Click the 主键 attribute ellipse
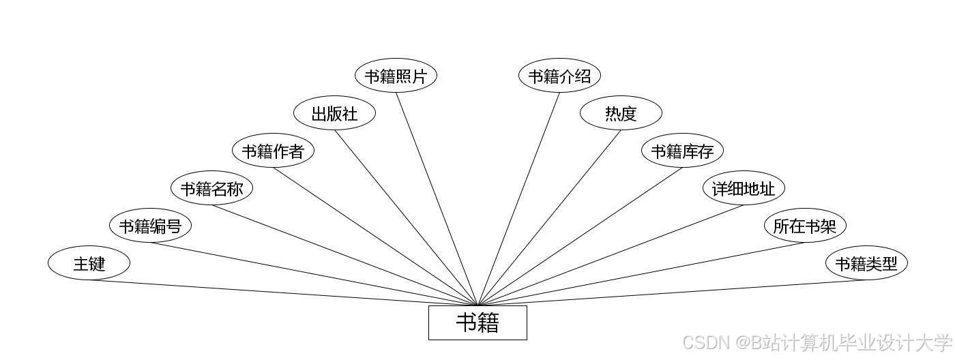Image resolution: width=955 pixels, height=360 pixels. point(89,263)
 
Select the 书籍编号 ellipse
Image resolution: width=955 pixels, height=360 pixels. point(150,226)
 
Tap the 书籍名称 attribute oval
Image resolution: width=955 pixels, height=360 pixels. point(211,188)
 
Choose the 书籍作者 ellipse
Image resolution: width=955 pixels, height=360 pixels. point(273,151)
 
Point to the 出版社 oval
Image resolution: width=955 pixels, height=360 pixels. point(334,113)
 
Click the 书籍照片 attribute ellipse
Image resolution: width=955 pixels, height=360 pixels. point(396,76)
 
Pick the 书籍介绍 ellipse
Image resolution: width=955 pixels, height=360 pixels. point(559,76)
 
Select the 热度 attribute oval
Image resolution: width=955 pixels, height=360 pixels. point(621,113)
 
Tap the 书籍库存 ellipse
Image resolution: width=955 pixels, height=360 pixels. point(682,151)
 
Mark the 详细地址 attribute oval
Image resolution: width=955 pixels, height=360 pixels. point(744,188)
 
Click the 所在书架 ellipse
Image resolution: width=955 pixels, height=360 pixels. point(805,226)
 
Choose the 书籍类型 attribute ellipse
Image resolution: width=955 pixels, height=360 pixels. point(866,263)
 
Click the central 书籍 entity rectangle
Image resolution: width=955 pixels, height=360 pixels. point(477,322)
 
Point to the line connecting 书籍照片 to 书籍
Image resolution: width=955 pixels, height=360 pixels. point(437,198)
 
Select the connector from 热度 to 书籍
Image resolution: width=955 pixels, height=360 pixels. point(549,217)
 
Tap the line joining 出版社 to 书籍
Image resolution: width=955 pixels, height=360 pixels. point(406,217)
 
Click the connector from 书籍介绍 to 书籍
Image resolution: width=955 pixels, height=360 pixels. point(518,198)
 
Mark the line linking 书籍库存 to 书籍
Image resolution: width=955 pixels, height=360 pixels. point(580,236)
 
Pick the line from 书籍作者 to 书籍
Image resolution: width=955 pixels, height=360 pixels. point(375,236)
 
